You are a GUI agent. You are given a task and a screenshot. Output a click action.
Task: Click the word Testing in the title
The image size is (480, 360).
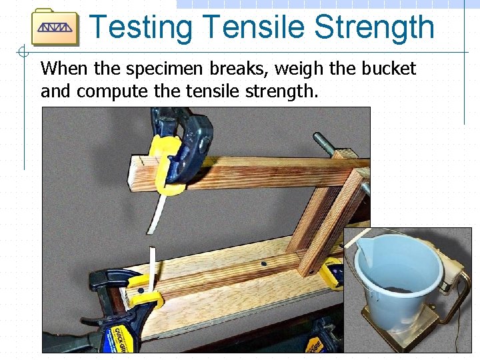140,28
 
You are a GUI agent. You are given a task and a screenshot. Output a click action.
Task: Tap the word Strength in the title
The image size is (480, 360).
374,28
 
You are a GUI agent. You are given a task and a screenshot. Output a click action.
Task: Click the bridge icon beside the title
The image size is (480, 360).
55,27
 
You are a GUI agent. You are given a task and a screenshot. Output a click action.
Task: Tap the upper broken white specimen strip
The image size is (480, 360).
159,212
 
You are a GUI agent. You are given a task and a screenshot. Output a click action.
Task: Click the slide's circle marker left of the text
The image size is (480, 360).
24,52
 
